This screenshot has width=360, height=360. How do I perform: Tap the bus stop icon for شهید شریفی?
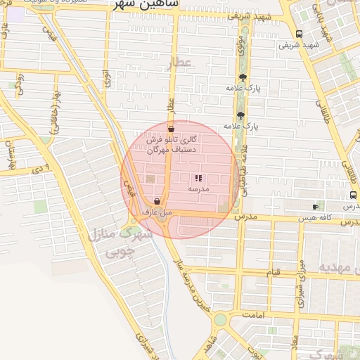[300, 34]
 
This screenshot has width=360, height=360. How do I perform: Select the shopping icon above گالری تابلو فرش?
[172, 129]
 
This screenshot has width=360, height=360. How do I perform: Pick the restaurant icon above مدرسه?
[199, 179]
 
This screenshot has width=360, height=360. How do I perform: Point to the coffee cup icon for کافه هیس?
[315, 207]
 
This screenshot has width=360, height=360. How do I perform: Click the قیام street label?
[272, 271]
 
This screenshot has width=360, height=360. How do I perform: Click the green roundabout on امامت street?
[220, 320]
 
